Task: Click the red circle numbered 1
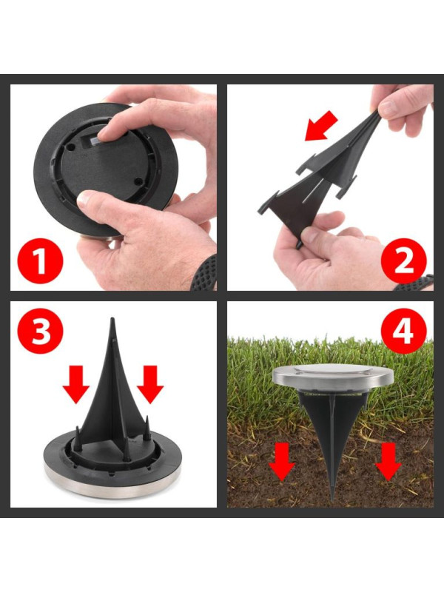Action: (x=41, y=261)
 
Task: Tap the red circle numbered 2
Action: (x=403, y=261)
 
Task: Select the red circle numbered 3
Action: (x=41, y=331)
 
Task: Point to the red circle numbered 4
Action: (x=403, y=331)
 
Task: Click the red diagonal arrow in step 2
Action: (x=321, y=126)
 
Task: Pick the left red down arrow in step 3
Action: (x=76, y=384)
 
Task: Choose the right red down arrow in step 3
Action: (x=150, y=384)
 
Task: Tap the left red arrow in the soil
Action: (x=281, y=461)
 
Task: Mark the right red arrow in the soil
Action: (x=388, y=461)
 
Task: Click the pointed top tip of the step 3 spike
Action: (x=112, y=318)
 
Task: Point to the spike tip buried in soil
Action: (x=332, y=499)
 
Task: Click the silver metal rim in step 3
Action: (x=112, y=485)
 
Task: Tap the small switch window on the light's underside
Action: (x=95, y=141)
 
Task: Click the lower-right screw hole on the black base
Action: (x=138, y=181)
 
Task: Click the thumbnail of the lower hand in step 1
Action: (x=85, y=198)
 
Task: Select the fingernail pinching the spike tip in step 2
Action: (x=388, y=109)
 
